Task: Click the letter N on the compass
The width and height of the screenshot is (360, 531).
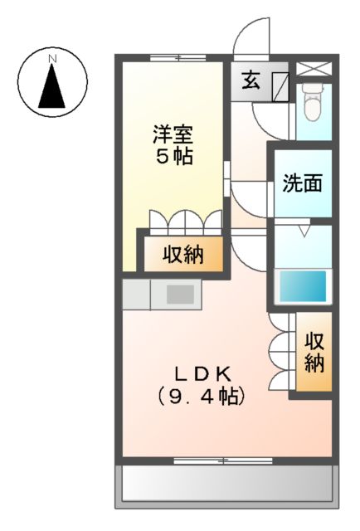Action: point(51,59)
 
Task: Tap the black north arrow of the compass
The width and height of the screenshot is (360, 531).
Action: point(51,86)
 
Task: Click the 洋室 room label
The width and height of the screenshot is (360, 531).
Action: point(173,134)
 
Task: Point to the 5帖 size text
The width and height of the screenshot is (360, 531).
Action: point(174,156)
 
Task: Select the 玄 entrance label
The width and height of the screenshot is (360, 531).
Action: point(251,80)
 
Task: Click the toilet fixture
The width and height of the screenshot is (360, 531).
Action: point(313,101)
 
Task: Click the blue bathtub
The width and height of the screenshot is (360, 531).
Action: point(303,286)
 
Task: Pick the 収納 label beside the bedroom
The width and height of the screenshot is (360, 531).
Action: point(182,255)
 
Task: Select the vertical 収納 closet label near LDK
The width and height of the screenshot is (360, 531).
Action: point(314,352)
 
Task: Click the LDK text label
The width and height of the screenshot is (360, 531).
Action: point(202,374)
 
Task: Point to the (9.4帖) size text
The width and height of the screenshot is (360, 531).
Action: point(202,396)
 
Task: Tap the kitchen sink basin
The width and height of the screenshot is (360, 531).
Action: point(180,294)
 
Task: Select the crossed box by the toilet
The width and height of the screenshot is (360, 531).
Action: point(313,69)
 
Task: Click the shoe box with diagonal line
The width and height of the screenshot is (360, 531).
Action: point(280,86)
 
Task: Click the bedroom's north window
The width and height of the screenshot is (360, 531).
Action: point(178,58)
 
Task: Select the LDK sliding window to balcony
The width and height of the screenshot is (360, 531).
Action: point(223,460)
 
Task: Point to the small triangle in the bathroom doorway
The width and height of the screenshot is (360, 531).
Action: point(304,231)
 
